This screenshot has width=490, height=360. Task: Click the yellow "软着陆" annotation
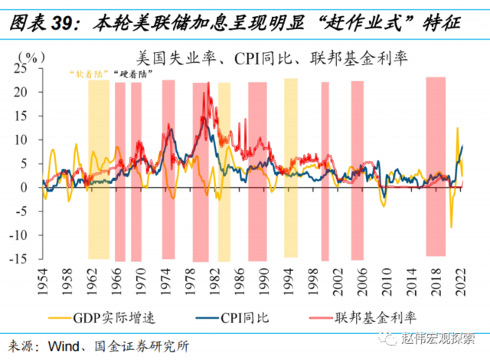(85, 74)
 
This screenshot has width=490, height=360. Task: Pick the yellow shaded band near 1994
(291, 169)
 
